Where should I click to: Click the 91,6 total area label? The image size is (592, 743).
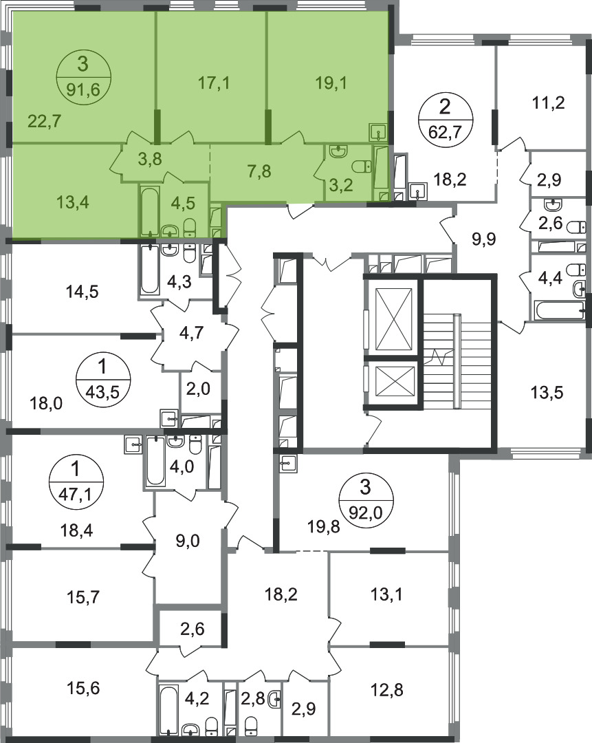tap(83, 89)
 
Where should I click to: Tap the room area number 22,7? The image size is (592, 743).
tap(44, 121)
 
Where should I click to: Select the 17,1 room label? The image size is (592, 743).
tap(214, 83)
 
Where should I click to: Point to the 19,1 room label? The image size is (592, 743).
tap(331, 83)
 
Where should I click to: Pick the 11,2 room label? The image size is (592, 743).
tap(549, 103)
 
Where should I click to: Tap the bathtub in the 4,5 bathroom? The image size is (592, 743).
tap(150, 211)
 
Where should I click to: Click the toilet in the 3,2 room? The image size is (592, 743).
tap(363, 167)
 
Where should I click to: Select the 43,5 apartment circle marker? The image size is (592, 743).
tap(102, 379)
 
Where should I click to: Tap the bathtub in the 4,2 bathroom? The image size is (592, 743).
tap(169, 709)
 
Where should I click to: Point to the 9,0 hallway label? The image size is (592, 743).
tap(188, 541)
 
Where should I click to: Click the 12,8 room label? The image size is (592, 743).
tap(386, 689)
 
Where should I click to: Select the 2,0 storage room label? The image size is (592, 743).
tap(199, 389)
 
